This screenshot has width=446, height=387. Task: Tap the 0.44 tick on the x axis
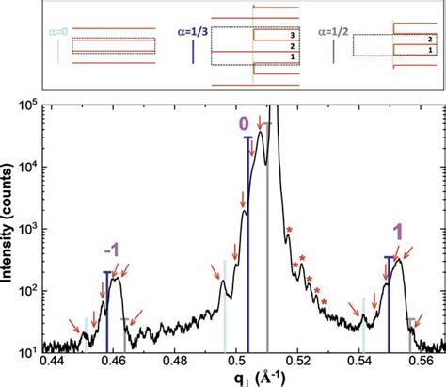(x=52, y=363)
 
